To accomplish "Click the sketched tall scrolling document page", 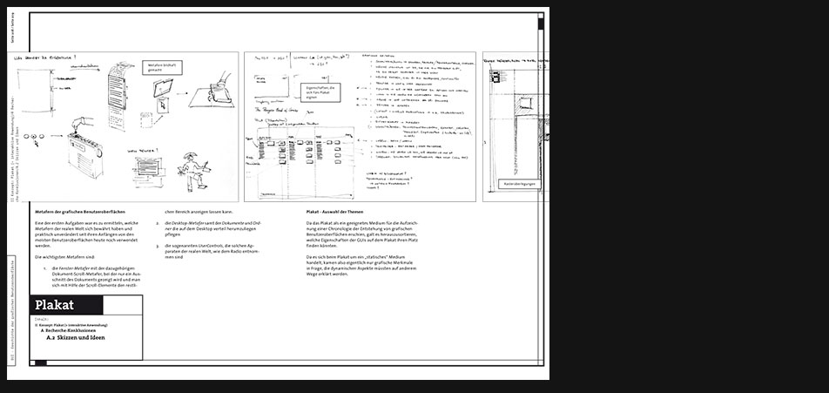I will [116, 96].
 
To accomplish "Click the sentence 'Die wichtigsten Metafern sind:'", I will [65, 257].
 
